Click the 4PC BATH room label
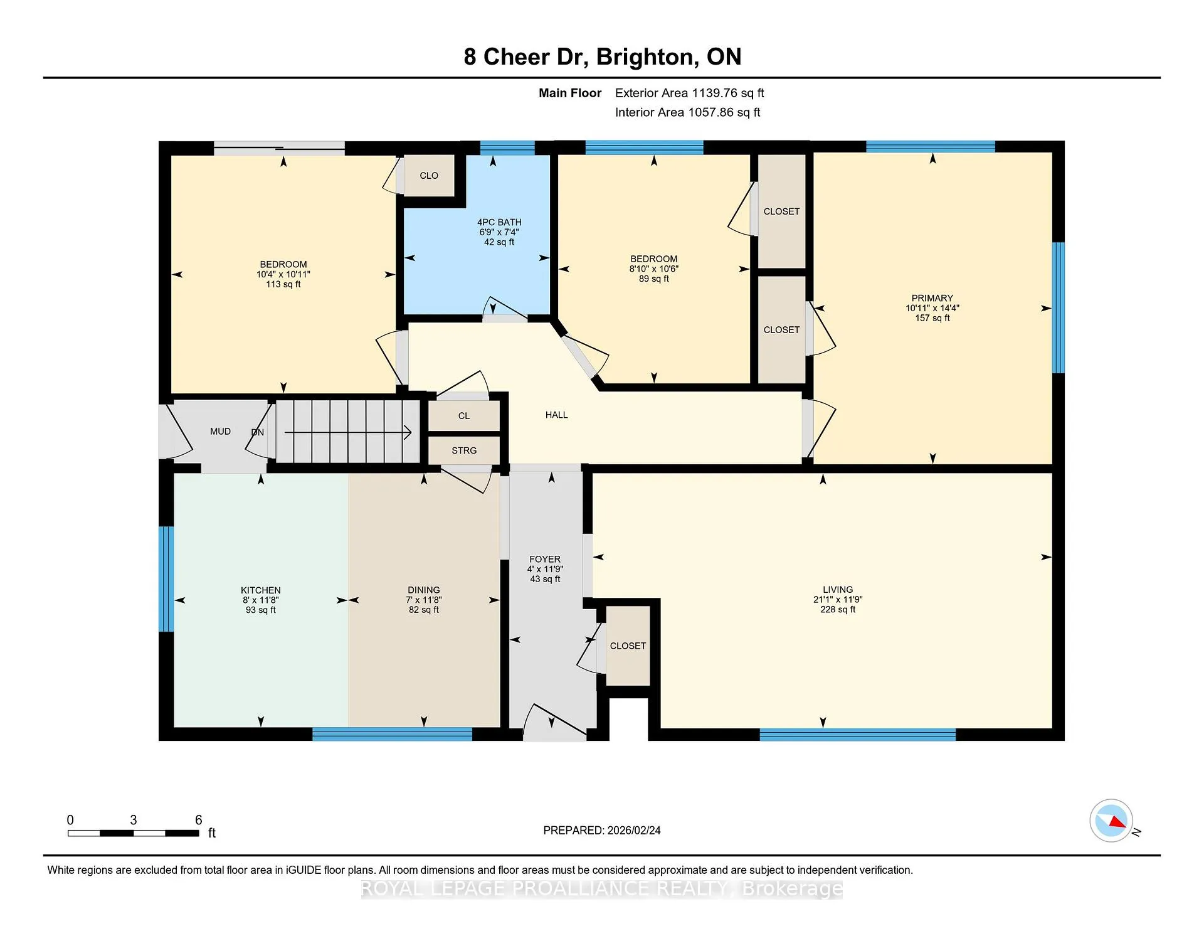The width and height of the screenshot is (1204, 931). click(499, 222)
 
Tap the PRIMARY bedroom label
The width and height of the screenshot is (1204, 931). click(932, 298)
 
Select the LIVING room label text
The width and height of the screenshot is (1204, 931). click(838, 590)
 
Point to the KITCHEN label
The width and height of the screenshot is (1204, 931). click(261, 590)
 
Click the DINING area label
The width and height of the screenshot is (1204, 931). click(424, 590)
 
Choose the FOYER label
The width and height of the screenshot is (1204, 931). click(545, 559)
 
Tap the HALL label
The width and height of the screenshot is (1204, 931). click(557, 415)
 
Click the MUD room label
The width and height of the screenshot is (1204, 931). click(220, 432)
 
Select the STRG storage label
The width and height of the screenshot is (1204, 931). click(464, 450)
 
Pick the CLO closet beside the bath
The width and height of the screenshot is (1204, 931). click(429, 176)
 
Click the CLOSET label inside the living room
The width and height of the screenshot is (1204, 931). click(628, 646)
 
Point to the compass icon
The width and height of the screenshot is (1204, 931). click(1111, 820)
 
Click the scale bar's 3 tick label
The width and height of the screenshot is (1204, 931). click(134, 820)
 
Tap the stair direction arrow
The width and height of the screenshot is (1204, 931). click(348, 432)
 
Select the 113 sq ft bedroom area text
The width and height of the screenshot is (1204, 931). click(283, 284)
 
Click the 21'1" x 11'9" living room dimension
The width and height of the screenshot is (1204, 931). click(838, 600)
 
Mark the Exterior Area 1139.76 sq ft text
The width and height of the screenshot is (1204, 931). click(690, 93)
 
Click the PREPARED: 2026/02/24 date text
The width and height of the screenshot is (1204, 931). click(602, 831)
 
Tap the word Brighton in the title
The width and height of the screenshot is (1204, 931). click(647, 57)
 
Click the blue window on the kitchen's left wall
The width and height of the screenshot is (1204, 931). click(166, 578)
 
